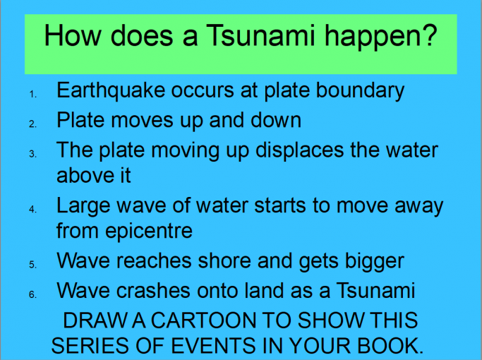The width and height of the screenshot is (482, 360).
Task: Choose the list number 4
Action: (x=32, y=210)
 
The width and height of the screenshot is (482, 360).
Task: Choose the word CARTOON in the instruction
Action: (x=176, y=322)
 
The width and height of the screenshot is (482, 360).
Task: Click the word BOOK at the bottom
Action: (x=392, y=346)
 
